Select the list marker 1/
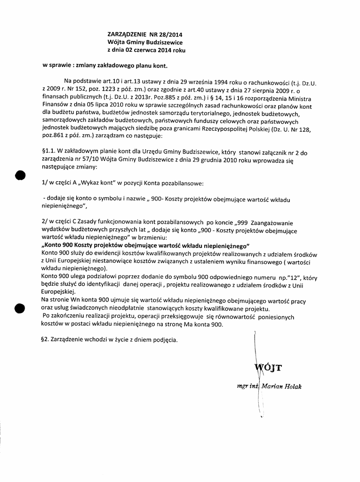point(45,182)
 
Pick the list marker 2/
point(45,222)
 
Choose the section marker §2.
point(46,339)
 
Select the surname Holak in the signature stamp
point(292,386)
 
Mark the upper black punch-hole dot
point(19,175)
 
